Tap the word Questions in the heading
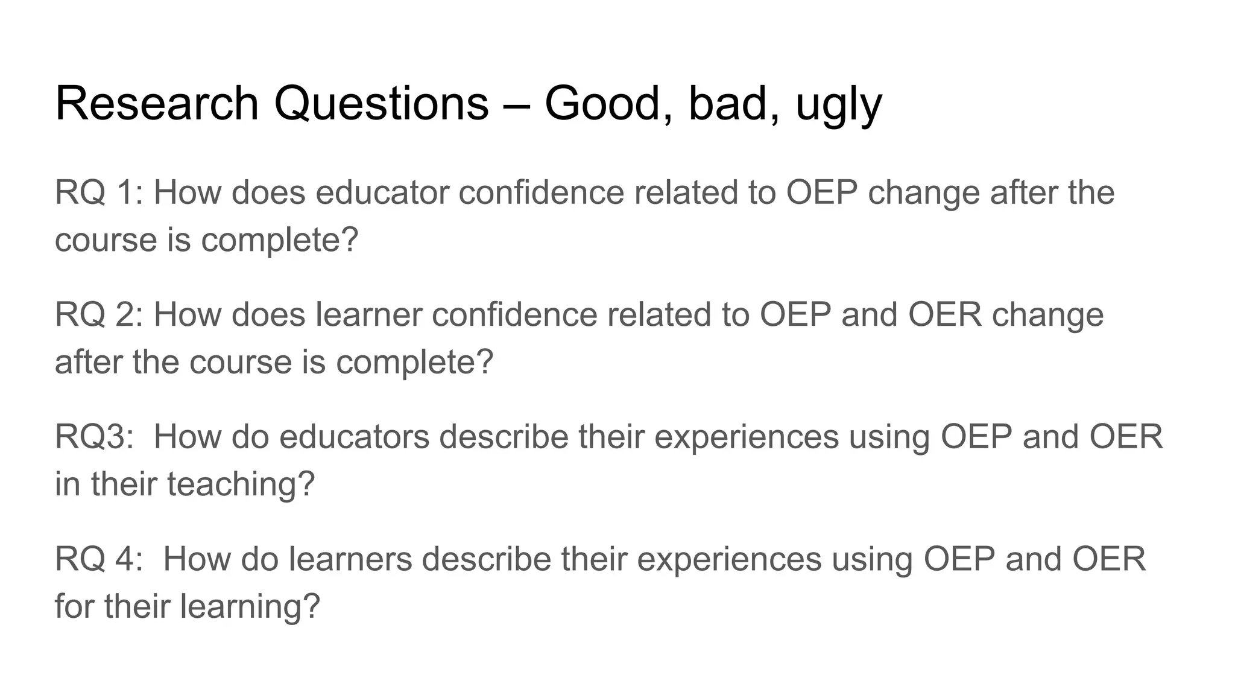tap(381, 104)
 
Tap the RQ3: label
tap(94, 437)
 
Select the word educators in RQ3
tap(354, 437)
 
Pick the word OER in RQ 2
tap(945, 315)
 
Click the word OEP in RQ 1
tap(821, 192)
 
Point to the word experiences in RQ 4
tap(729, 559)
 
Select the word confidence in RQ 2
tap(514, 315)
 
